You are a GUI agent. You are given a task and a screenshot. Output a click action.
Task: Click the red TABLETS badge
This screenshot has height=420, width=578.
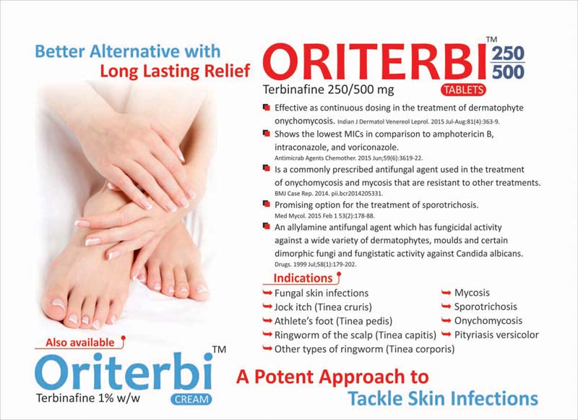tap(463, 90)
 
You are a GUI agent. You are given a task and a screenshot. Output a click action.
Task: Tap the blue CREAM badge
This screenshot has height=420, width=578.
tap(191, 399)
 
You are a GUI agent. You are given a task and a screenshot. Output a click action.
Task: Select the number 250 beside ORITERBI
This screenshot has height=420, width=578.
tap(508, 53)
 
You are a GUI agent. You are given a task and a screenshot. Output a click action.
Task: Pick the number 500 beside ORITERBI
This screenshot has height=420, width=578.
tap(508, 72)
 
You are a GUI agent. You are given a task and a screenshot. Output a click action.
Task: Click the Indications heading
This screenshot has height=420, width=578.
tap(303, 278)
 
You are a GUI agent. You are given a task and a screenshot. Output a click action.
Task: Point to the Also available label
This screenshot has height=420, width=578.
tap(80, 343)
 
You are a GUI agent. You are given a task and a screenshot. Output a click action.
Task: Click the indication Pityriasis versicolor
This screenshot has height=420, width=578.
tap(496, 335)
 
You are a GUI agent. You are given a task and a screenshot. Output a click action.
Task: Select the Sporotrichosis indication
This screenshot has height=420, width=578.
tap(486, 307)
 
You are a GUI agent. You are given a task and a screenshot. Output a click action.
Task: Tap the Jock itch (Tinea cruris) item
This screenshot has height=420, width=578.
tap(323, 307)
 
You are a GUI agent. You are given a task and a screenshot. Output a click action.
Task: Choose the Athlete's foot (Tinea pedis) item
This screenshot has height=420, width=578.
tap(333, 321)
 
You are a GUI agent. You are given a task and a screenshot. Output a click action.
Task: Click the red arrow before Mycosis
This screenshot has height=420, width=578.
tap(447, 293)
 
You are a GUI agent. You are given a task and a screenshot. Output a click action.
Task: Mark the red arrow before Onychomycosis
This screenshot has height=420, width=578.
tap(447, 321)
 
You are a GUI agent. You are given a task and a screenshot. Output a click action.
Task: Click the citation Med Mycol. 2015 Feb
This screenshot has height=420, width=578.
tap(324, 216)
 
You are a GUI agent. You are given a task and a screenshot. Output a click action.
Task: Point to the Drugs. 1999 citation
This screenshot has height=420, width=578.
tap(316, 265)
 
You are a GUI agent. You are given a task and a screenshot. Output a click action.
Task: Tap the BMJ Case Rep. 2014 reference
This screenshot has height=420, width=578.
tap(329, 193)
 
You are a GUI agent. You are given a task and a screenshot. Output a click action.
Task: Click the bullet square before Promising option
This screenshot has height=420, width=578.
tap(266, 204)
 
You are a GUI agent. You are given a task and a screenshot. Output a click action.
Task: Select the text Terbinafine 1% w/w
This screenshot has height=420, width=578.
tap(87, 398)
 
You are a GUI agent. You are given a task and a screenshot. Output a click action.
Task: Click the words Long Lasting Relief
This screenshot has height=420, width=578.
tap(175, 71)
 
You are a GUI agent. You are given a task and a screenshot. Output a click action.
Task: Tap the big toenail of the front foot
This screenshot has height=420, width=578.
tap(59, 304)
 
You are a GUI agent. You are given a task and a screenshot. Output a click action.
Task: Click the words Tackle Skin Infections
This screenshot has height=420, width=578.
tap(443, 398)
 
